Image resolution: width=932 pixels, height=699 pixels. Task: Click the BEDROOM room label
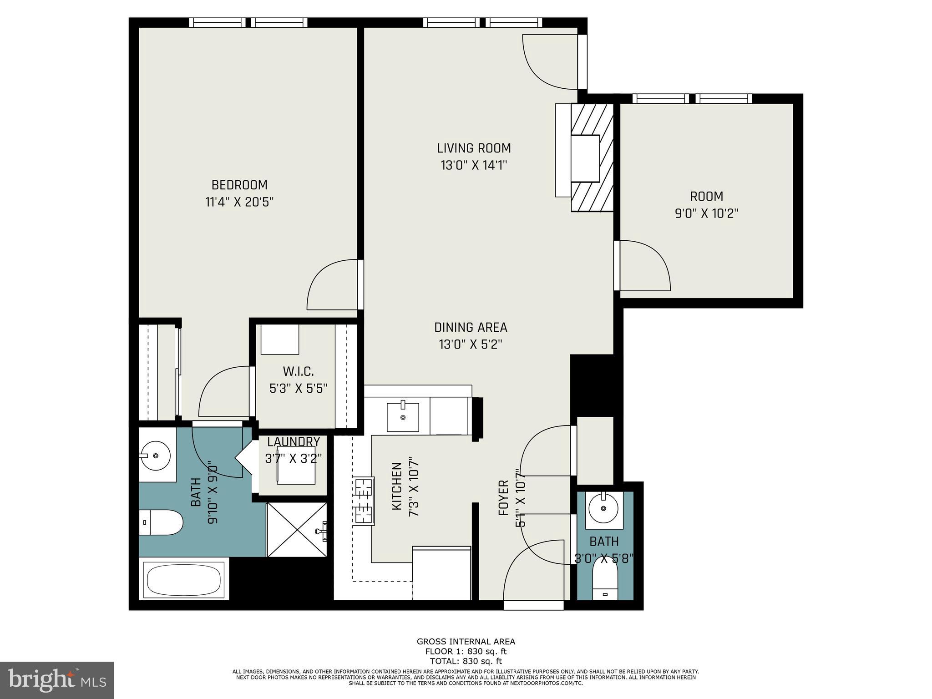coord(239,185)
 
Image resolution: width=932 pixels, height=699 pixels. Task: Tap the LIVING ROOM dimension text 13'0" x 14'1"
coord(474,165)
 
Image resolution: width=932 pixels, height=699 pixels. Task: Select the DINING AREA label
coord(471,328)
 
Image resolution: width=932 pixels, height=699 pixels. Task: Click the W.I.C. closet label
coord(298,372)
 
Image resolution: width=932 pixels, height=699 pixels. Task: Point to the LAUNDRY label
coord(294,442)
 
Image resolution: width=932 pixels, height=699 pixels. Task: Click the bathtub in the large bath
coord(184,581)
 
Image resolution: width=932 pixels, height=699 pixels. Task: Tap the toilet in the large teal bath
coord(160,523)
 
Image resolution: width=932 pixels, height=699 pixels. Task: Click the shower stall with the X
coord(297,530)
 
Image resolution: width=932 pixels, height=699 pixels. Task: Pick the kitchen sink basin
coord(403,416)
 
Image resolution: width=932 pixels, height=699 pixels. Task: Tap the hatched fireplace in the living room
coord(592,157)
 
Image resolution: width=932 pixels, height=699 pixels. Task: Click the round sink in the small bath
coord(604,509)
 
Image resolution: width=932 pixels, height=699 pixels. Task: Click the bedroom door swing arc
coord(332,284)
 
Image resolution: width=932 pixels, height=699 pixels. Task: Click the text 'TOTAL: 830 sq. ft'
coord(466,661)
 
